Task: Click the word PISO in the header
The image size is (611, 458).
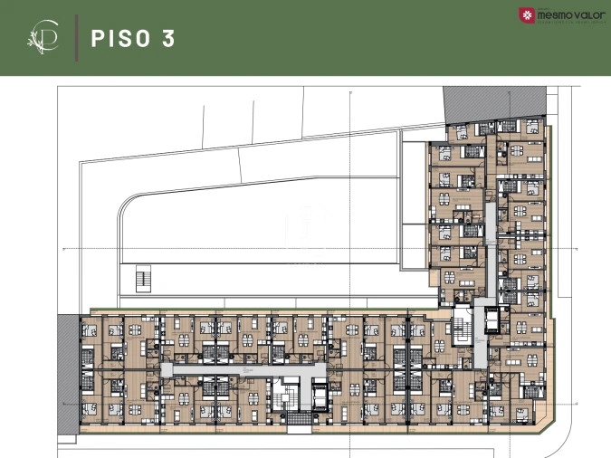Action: pyautogui.click(x=121, y=38)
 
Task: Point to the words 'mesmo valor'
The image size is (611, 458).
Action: pyautogui.click(x=567, y=14)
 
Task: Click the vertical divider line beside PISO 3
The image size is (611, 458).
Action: pyautogui.click(x=75, y=38)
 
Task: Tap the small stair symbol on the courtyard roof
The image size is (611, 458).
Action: pyautogui.click(x=142, y=278)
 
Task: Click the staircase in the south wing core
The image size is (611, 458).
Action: pyautogui.click(x=291, y=395)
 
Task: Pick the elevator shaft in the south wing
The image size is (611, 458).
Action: pyautogui.click(x=320, y=396)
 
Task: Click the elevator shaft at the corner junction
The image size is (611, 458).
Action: pyautogui.click(x=492, y=321)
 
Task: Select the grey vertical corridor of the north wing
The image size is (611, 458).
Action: pyautogui.click(x=490, y=226)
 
